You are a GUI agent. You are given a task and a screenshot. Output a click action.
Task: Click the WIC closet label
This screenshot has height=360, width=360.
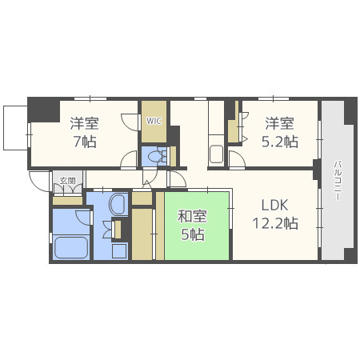coord(154,121)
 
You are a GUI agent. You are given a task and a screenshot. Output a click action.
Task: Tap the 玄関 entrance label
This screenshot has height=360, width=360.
coord(67,181)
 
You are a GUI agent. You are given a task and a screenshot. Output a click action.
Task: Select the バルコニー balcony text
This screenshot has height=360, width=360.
coord(338,180)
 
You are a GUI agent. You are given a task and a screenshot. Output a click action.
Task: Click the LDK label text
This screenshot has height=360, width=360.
coord(274,206)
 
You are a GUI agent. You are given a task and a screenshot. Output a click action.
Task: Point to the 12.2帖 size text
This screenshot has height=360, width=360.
coord(275,223)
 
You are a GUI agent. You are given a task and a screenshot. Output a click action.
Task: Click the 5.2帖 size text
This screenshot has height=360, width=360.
coord(280,142)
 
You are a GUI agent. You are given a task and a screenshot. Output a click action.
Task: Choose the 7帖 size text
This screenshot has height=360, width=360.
coord(85,142)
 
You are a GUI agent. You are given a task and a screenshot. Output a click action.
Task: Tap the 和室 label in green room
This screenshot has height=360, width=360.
coord(192,216)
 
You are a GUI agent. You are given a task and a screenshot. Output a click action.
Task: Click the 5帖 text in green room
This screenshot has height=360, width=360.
coord(193,234)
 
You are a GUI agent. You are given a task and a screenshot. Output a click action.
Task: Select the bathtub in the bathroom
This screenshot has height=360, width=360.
coord(71,247)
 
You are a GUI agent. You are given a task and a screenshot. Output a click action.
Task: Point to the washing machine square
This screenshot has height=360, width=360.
coord(119,250)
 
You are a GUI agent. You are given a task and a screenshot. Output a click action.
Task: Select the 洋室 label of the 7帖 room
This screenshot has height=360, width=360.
coord(85,123)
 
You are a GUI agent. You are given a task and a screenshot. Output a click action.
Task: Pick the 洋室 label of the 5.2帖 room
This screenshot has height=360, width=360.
coord(279,123)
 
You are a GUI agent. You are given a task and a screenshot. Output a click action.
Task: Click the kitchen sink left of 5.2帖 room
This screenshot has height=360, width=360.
coord(216,154)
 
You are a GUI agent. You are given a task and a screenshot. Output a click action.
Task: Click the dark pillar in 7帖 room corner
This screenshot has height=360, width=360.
coord(44,110)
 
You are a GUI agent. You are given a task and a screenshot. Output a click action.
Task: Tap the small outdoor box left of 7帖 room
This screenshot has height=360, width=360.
coord(15,128)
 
